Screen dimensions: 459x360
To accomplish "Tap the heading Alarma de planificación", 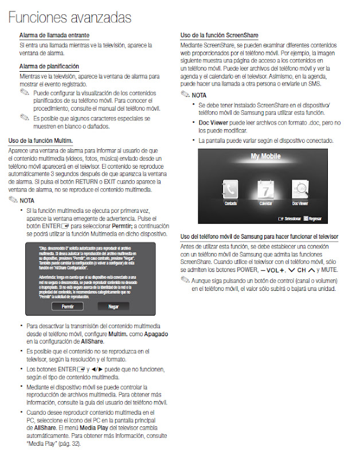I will (x=49, y=67).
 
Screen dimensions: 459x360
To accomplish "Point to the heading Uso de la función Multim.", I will (x=40, y=141).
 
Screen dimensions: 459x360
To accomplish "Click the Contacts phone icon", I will (x=231, y=189).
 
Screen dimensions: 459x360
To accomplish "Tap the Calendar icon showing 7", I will (x=265, y=189).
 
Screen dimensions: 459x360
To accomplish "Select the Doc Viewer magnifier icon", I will (x=300, y=189).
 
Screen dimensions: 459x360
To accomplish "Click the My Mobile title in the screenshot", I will (x=265, y=156).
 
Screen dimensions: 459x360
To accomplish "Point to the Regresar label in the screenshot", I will (x=315, y=219).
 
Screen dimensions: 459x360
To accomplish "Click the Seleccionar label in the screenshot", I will (x=292, y=219).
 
